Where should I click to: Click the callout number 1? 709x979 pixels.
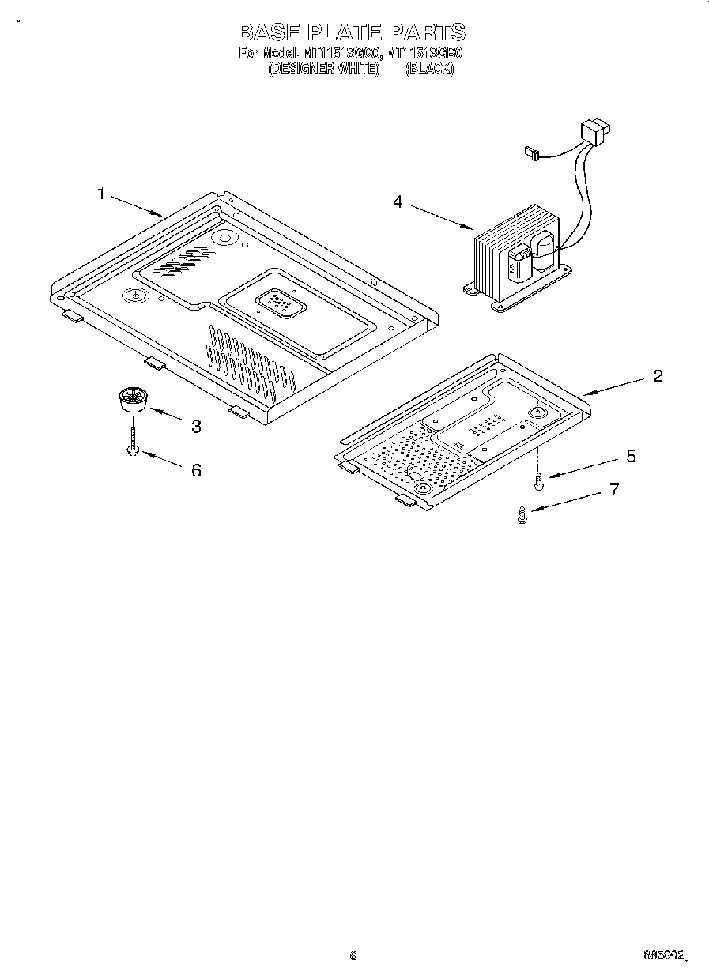pos(101,194)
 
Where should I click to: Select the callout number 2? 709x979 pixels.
pos(657,376)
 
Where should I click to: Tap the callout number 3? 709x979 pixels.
pos(196,427)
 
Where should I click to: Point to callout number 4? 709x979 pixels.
pos(398,202)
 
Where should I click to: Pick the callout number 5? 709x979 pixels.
pos(631,457)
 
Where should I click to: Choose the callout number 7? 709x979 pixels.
pos(614,490)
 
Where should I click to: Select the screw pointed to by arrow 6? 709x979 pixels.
pos(134,442)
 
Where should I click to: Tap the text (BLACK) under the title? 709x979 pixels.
pos(429,70)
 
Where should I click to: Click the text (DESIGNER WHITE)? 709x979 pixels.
pos(324,70)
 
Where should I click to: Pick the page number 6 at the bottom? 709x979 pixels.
pos(353,955)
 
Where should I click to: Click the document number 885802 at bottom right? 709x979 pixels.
pos(665,955)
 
